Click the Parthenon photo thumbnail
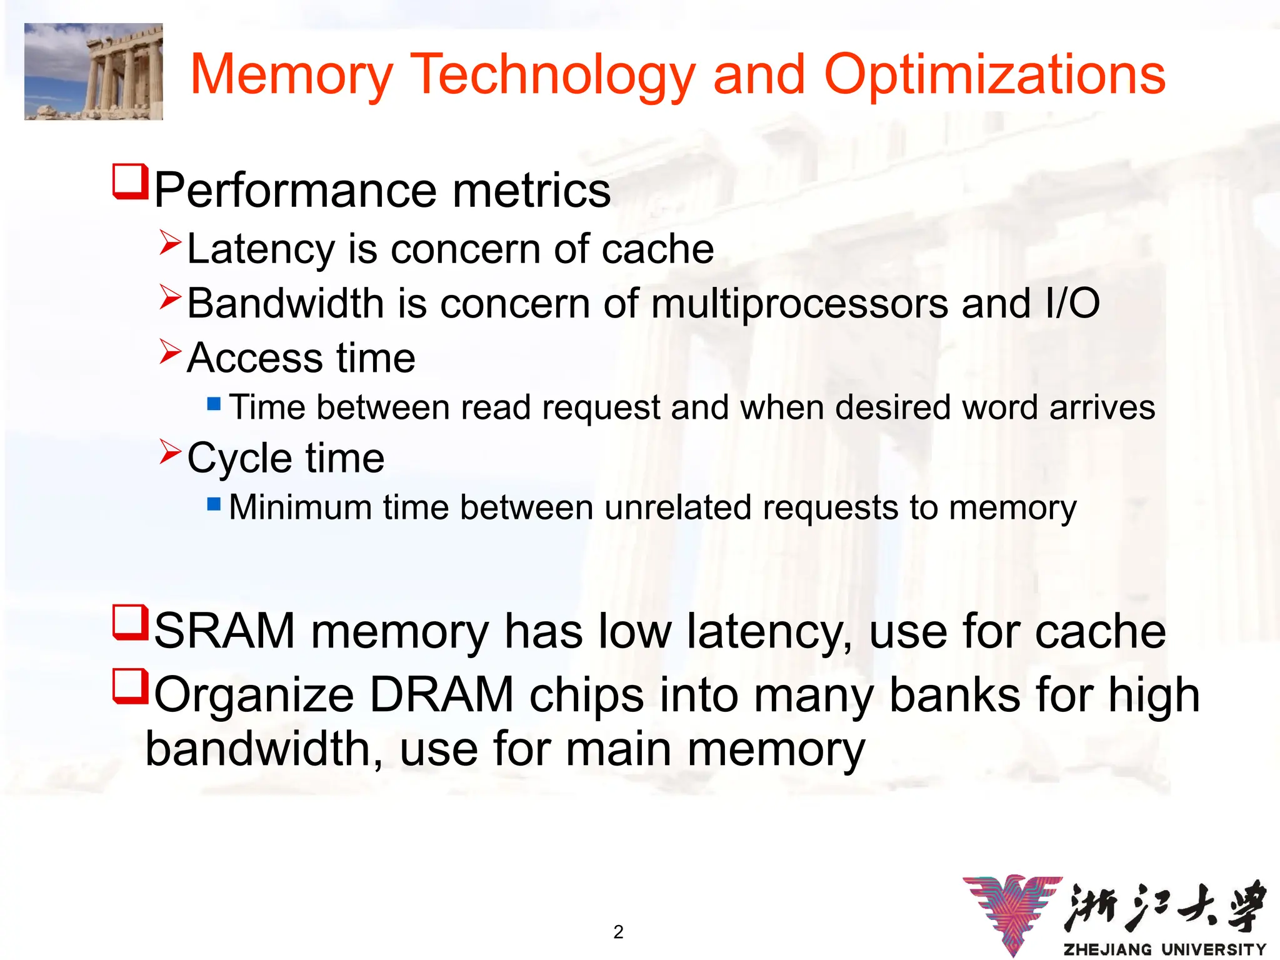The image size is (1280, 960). point(94,71)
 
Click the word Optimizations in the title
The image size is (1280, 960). point(994,75)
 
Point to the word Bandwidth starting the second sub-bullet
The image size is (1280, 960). point(285,304)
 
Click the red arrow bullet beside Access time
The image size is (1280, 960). point(170,352)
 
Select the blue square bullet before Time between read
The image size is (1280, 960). point(214,404)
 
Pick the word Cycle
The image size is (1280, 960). point(239,459)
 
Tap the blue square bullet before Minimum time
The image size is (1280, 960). point(214,504)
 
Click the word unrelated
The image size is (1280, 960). point(677,507)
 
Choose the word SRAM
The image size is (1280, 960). point(224,631)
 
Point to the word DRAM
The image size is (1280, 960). point(441,695)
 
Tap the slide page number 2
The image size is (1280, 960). point(618,932)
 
